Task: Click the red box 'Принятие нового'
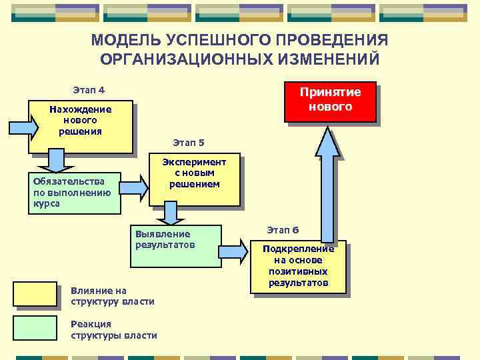[330, 101]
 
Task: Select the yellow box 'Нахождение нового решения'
[80, 127]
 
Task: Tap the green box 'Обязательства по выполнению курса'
[74, 193]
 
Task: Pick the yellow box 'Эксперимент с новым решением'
[194, 181]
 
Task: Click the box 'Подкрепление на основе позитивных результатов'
[298, 266]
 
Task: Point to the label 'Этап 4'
[88, 90]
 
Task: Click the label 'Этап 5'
[188, 143]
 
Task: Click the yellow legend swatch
[35, 294]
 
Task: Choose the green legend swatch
[35, 328]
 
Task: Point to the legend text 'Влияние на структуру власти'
[112, 296]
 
